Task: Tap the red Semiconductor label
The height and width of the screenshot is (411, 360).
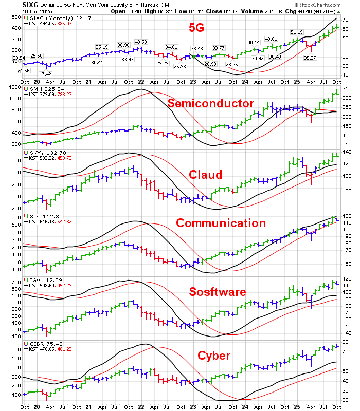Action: (210, 104)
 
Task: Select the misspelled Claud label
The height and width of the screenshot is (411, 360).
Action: (206, 175)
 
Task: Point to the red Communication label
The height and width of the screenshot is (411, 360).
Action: (221, 222)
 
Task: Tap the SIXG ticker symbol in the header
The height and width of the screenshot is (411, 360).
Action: (14, 4)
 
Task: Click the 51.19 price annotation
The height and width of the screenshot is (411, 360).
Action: (297, 32)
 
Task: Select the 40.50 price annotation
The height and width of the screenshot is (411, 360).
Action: (140, 42)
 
